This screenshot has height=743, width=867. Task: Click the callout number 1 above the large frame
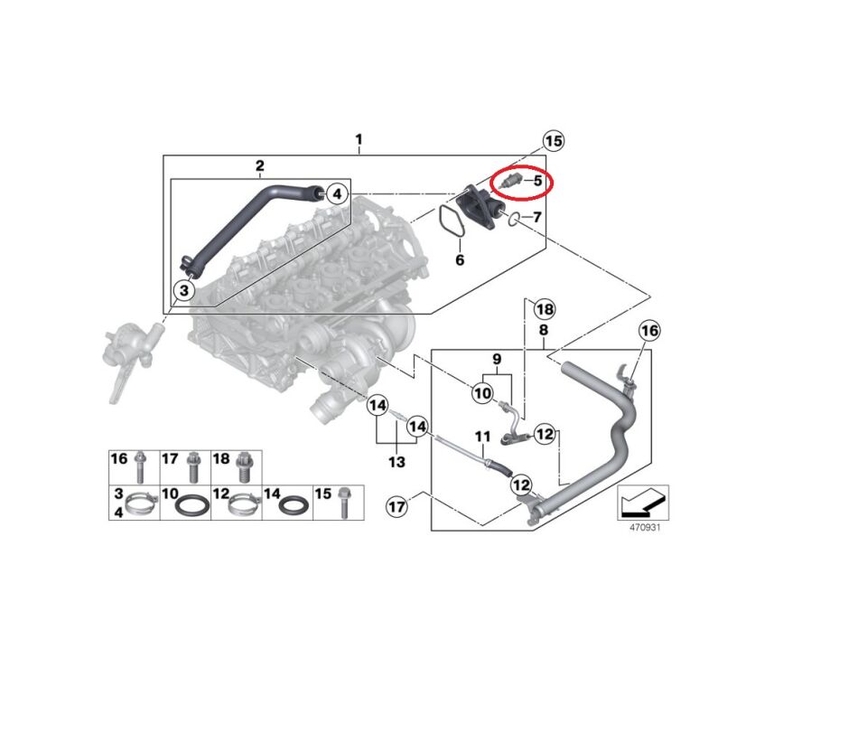point(359,140)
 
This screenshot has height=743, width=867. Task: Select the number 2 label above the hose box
point(259,165)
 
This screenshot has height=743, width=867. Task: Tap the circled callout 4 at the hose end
point(336,193)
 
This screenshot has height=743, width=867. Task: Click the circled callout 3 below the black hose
point(183,290)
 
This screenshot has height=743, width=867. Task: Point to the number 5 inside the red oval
point(537,181)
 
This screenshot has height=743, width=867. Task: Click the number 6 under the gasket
point(459,260)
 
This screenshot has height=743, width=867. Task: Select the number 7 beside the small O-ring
point(536,218)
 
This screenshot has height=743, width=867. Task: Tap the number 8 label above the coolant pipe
point(544,331)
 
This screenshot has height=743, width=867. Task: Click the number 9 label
point(496,360)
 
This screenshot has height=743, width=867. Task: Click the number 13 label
point(396,462)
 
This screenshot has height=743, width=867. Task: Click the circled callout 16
point(649,332)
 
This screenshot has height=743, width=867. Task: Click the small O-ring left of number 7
point(514,219)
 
